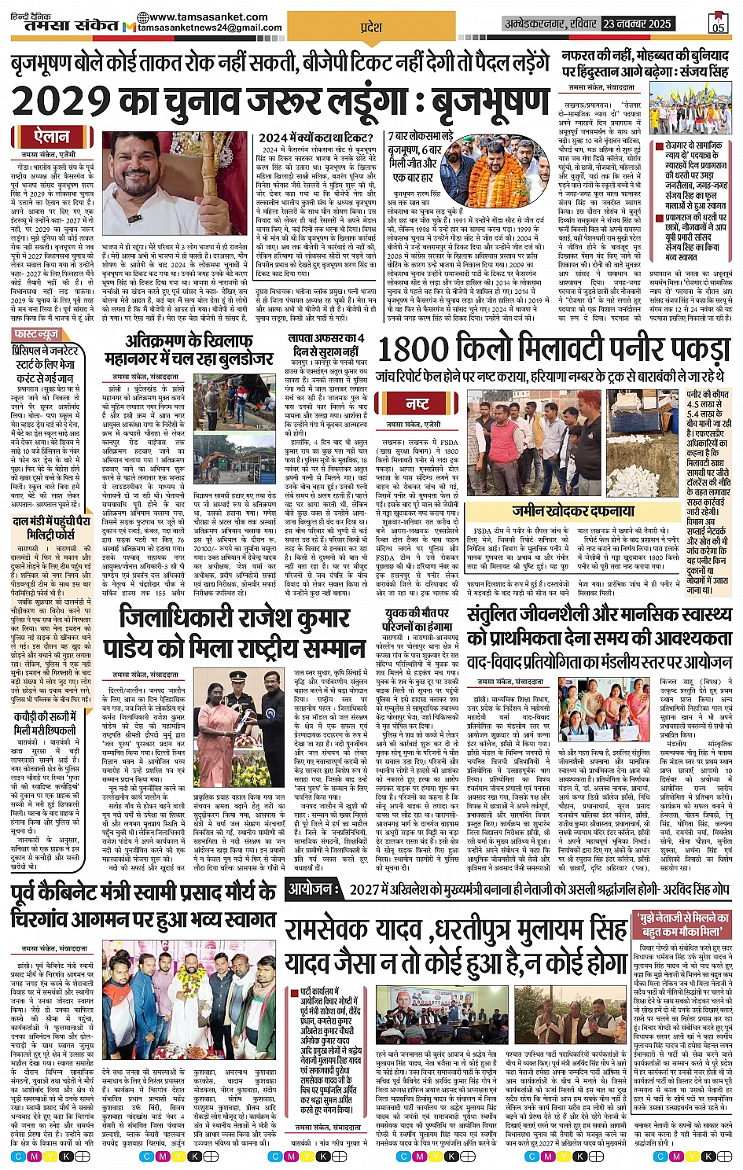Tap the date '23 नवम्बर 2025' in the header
coord(637,24)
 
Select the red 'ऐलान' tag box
coord(52,137)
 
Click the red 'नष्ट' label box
coord(417,403)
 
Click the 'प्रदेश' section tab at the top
coord(370,28)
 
